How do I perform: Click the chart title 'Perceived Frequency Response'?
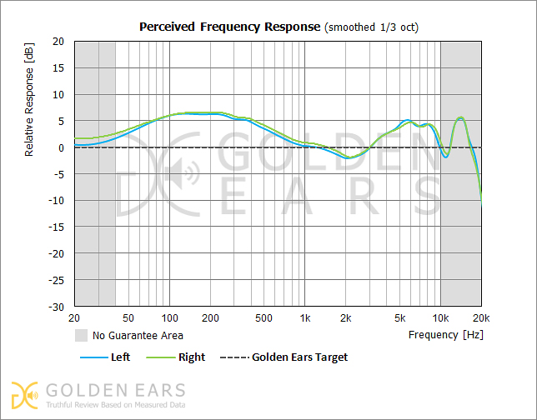point(228,27)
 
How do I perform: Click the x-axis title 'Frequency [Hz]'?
point(445,335)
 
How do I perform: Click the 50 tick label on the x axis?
point(128,318)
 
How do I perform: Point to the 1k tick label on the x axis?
point(305,318)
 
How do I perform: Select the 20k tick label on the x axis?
point(480,318)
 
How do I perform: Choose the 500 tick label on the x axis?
point(263,318)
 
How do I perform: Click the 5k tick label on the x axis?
point(399,318)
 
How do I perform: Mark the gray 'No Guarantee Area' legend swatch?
point(81,336)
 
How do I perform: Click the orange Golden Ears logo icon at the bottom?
point(24,394)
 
